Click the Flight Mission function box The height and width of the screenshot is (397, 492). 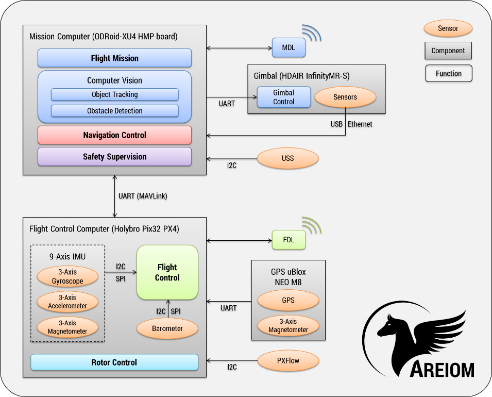tap(114, 58)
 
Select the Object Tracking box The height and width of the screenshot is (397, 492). tap(114, 94)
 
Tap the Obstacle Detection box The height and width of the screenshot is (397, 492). tap(114, 110)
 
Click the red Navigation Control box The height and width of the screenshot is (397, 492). tap(114, 135)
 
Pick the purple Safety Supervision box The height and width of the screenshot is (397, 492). tap(114, 157)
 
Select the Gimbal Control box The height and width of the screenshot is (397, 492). tap(283, 97)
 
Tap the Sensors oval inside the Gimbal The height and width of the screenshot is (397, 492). tap(345, 97)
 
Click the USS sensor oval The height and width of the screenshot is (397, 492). tap(287, 158)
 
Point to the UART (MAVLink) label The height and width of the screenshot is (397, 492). tap(143, 196)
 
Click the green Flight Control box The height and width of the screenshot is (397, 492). tap(167, 272)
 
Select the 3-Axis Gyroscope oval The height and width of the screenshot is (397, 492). tap(67, 277)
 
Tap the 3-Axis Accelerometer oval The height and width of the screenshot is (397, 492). tap(67, 302)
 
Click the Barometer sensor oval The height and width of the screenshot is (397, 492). tap(167, 328)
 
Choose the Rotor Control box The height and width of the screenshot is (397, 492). tap(114, 362)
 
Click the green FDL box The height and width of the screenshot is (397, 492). tap(289, 240)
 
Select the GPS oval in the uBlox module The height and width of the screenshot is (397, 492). tap(288, 300)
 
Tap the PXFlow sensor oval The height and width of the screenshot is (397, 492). tap(287, 360)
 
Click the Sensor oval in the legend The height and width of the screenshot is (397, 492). tap(448, 28)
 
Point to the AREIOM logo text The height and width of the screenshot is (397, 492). tap(442, 369)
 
